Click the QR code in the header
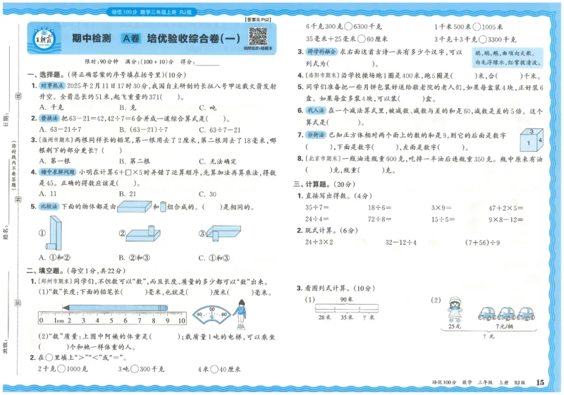point(257,36)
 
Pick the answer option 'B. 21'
point(128,193)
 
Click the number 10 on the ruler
point(181,320)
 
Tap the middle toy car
point(506,312)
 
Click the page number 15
point(541,382)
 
